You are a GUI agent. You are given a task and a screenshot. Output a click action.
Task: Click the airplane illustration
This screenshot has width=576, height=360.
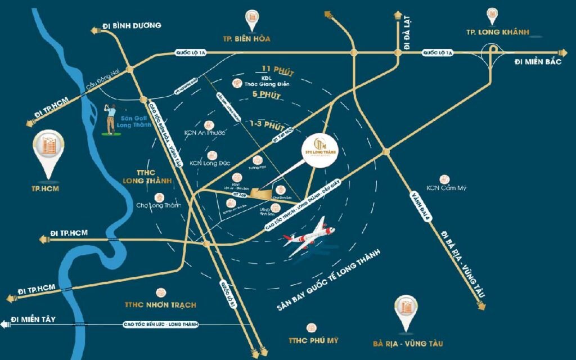(311, 236)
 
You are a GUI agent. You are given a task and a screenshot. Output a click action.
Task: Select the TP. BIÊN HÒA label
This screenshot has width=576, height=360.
(247, 39)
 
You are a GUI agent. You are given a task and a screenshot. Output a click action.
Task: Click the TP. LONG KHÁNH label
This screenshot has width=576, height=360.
(495, 31)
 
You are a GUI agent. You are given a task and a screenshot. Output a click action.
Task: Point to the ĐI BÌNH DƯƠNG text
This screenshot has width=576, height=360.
(132, 25)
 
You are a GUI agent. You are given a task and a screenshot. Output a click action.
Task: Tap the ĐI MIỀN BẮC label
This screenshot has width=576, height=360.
(538, 62)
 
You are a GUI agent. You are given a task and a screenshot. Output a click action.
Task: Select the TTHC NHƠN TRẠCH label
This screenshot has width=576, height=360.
(160, 305)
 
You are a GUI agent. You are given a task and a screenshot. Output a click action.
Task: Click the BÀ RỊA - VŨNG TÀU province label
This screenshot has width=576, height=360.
(404, 342)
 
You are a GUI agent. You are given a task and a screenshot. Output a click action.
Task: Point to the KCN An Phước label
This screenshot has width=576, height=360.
(204, 133)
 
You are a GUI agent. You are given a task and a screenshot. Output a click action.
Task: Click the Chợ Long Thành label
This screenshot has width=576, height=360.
(159, 205)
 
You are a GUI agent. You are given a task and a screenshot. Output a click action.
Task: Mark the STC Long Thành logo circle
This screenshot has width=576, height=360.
(322, 147)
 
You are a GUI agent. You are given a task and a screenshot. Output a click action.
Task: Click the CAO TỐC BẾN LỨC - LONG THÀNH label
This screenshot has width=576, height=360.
(158, 325)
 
